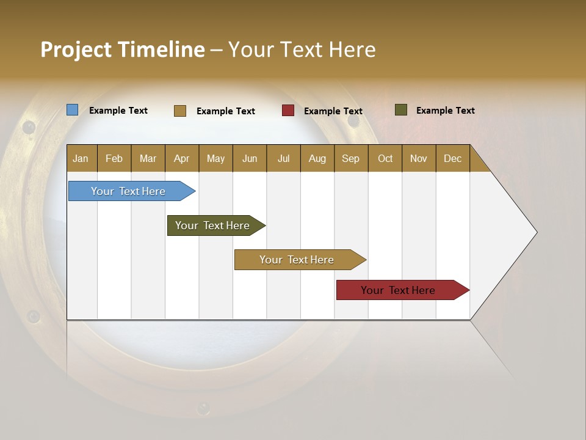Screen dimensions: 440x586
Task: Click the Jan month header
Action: pos(81,158)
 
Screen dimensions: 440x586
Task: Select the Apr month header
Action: pos(181,158)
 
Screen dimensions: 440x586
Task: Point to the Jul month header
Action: pos(283,158)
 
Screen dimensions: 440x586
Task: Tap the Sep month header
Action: pos(350,158)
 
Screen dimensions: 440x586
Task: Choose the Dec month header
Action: pos(452,158)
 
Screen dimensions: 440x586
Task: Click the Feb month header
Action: pos(114,158)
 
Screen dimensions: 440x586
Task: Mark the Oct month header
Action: pos(385,158)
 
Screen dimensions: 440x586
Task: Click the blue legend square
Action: pos(73,110)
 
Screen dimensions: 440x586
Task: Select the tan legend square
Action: pos(180,111)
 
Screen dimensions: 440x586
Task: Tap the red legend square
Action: pos(288,111)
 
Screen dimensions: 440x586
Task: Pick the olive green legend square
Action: pos(401,110)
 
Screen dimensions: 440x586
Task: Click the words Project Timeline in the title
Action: pos(123,50)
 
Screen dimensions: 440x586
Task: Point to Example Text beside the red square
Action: pos(333,111)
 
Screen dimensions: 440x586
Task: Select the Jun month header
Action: pos(250,158)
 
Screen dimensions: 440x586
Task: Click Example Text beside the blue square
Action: pos(118,111)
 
